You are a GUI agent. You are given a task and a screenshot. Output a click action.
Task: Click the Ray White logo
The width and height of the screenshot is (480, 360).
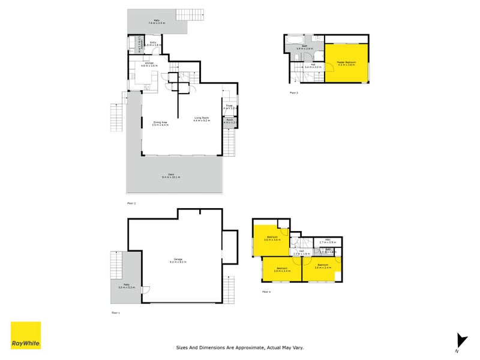[x=26, y=335]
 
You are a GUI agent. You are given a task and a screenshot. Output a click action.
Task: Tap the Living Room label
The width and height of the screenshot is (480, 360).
[x=201, y=119]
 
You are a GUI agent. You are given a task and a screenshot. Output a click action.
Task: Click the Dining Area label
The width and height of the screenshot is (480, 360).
[x=160, y=124]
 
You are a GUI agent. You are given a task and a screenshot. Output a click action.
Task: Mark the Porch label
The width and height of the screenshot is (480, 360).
[x=229, y=121]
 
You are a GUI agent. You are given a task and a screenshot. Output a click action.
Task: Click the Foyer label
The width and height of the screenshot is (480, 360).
[x=229, y=107]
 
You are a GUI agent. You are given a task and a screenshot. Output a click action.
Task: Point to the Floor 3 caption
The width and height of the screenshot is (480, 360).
[x=294, y=93]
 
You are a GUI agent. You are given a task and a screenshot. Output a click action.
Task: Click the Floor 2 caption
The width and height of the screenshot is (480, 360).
[x=131, y=203]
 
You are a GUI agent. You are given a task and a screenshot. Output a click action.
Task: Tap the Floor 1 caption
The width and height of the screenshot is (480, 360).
[x=116, y=313]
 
